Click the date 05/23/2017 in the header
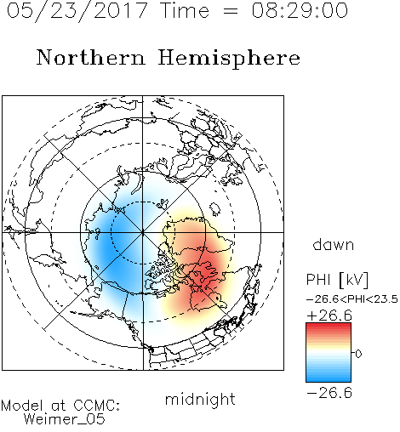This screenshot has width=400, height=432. click(77, 11)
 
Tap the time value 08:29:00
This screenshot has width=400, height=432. click(300, 10)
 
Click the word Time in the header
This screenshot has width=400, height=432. click(185, 10)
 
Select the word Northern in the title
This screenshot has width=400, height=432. click(91, 57)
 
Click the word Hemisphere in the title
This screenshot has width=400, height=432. click(229, 59)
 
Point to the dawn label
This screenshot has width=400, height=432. click(334, 244)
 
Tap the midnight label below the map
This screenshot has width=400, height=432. click(200, 400)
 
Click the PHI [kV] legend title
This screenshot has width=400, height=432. click(337, 280)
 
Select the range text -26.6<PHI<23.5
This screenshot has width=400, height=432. click(352, 299)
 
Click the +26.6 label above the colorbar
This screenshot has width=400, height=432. click(329, 315)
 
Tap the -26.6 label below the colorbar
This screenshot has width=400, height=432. click(329, 393)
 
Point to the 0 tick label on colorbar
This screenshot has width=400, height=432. click(358, 354)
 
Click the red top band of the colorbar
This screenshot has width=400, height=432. click(329, 327)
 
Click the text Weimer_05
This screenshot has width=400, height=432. click(65, 419)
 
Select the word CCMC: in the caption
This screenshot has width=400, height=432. click(97, 406)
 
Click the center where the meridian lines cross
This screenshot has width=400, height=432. click(143, 232)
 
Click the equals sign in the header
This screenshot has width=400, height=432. click(231, 11)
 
